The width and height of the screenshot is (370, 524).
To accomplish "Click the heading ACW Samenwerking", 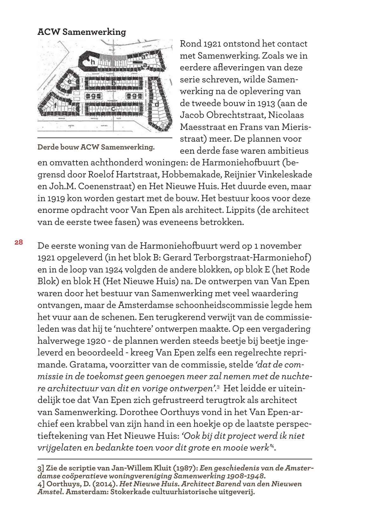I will (x=82, y=32).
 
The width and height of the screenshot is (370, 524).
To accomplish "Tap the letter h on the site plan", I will (x=93, y=62).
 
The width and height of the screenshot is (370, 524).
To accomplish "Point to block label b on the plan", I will (x=113, y=83).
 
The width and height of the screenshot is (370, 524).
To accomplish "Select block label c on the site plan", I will (x=113, y=108).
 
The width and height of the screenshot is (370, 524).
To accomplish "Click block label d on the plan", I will (x=156, y=104).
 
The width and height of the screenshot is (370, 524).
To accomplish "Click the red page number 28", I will (x=18, y=242).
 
